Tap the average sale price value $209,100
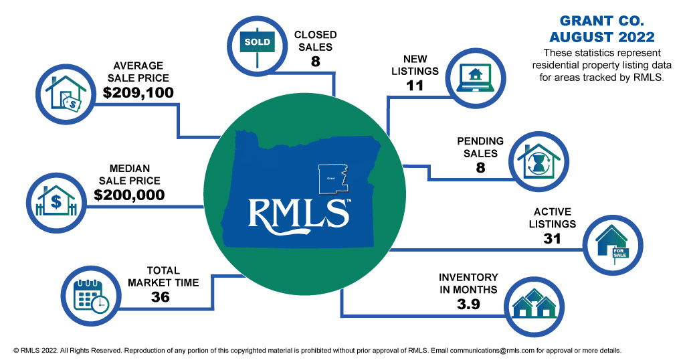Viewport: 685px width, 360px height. (138, 92)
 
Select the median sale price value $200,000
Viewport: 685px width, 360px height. (129, 195)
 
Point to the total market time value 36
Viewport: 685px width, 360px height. (161, 296)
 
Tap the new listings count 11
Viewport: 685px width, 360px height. (415, 85)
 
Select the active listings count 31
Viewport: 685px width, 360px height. (552, 238)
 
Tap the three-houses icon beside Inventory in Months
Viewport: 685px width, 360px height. (534, 304)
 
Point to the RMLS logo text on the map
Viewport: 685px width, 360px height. (299, 212)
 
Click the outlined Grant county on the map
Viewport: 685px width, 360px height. (332, 176)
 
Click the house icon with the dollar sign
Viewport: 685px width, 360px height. (56, 198)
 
